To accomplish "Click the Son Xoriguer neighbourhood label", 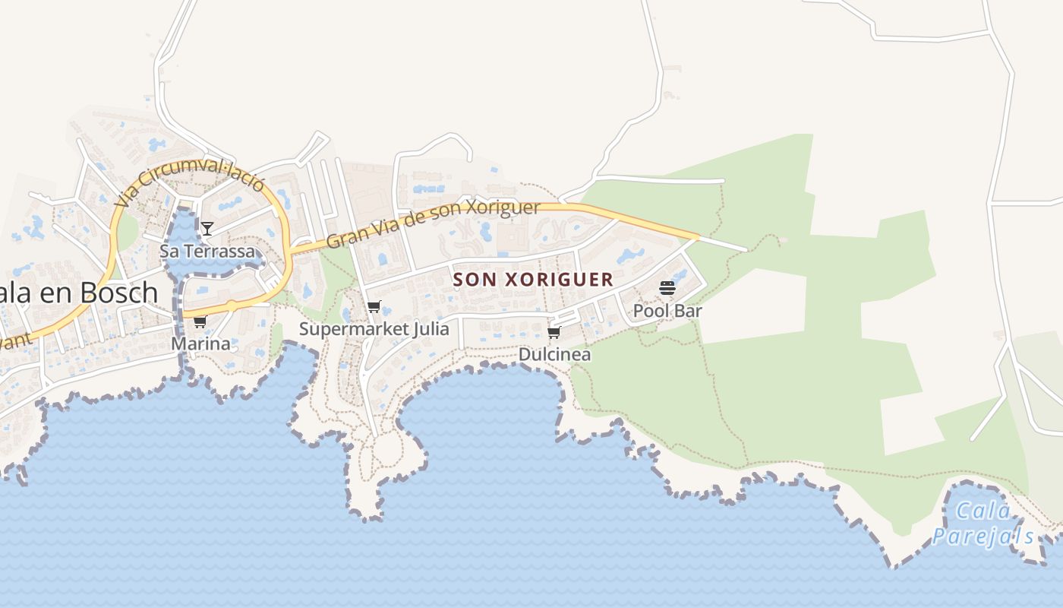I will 533,279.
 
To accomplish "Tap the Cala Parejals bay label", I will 983,524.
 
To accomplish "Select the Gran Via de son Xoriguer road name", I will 434,224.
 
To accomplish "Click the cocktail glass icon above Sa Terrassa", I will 207,228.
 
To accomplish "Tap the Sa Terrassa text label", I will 207,251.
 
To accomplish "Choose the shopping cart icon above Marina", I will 200,322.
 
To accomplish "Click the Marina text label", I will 200,344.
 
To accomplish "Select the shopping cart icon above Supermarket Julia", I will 374,307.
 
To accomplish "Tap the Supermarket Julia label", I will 374,328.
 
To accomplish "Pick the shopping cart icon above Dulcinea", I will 554,333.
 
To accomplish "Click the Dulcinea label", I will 554,354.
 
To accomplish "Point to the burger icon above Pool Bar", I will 667,288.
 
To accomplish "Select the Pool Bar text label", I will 667,310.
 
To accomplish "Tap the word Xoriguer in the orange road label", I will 502,208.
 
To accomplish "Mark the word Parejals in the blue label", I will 983,537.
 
